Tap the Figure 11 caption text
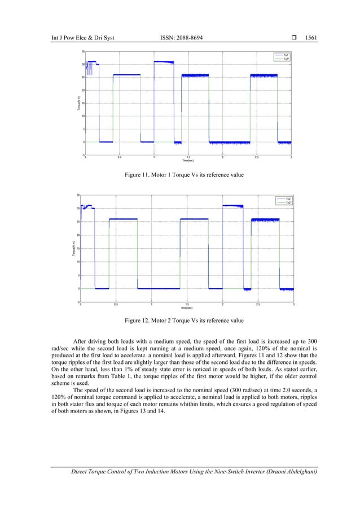(184, 175)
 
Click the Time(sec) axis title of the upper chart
(188, 160)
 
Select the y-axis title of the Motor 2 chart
(73, 249)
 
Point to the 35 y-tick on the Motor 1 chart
(82, 51)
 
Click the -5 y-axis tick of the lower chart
(77, 302)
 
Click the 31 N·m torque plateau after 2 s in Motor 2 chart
(232, 206)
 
